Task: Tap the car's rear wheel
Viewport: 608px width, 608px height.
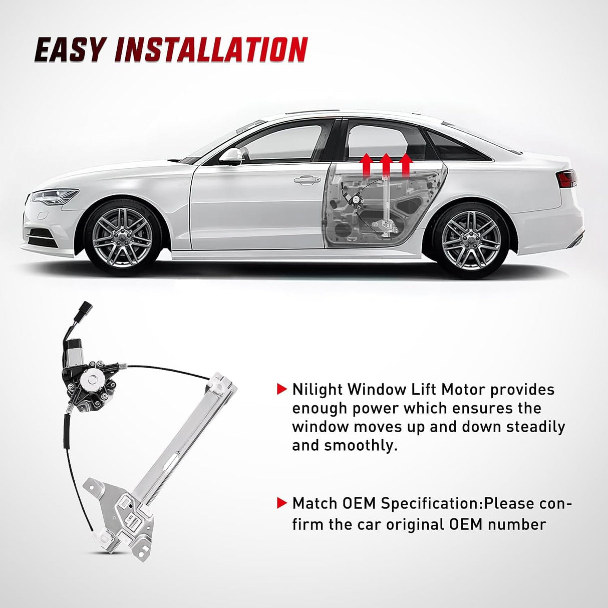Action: [x=471, y=240]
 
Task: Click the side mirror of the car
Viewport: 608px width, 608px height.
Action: [x=231, y=156]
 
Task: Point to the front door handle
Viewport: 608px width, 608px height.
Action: [x=307, y=179]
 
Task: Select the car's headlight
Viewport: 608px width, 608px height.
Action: [x=55, y=195]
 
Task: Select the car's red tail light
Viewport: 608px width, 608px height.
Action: [x=568, y=178]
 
